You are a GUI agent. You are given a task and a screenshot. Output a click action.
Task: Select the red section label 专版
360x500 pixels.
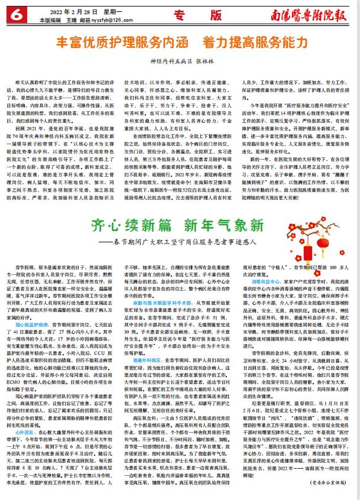coord(203,14)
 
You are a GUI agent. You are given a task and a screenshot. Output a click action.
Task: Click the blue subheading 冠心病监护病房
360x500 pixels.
coord(31,308)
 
